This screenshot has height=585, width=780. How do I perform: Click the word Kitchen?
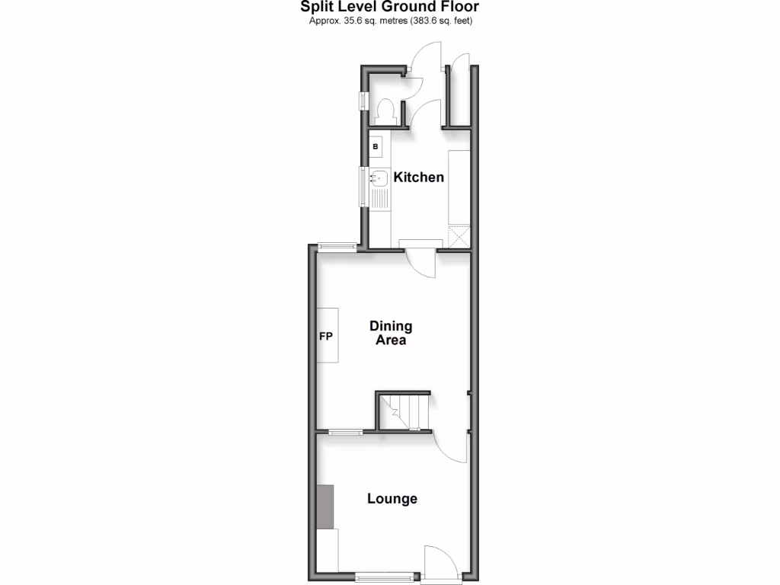(418, 177)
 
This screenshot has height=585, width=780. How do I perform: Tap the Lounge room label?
(392, 499)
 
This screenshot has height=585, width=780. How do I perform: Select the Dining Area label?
(391, 333)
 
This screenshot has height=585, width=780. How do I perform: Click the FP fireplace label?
(324, 336)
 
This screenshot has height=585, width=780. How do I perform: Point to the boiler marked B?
(376, 145)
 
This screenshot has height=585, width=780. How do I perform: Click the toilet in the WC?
(384, 110)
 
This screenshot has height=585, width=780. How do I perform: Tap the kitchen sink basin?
(379, 179)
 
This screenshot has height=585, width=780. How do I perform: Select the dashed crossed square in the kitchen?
(459, 237)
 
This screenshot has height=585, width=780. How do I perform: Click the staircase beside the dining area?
(404, 411)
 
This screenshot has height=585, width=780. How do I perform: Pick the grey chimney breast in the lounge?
(326, 507)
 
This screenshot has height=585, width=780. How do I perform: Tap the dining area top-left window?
(337, 245)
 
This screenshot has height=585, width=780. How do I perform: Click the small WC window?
(364, 101)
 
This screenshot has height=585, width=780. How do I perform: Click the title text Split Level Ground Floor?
(389, 8)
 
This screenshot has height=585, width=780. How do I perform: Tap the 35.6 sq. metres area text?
(391, 21)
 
